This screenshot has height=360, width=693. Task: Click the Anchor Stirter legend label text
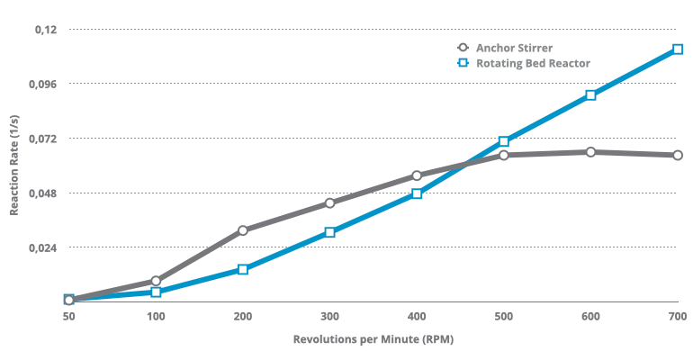pyautogui.click(x=515, y=48)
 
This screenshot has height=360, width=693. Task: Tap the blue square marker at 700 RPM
pyautogui.click(x=678, y=49)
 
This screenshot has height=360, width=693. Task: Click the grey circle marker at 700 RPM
pyautogui.click(x=678, y=155)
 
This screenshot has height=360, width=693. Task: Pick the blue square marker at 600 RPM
pyautogui.click(x=590, y=95)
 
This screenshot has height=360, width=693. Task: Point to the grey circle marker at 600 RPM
pyautogui.click(x=590, y=152)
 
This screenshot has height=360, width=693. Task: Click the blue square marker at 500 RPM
pyautogui.click(x=504, y=141)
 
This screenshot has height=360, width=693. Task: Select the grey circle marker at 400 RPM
pyautogui.click(x=417, y=175)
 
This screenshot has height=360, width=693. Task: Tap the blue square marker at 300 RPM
pyautogui.click(x=330, y=232)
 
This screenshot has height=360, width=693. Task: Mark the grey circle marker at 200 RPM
pyautogui.click(x=243, y=230)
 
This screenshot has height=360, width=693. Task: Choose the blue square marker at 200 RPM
pyautogui.click(x=243, y=269)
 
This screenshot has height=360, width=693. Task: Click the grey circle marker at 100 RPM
pyautogui.click(x=156, y=281)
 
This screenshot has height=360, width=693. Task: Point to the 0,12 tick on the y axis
pyautogui.click(x=45, y=30)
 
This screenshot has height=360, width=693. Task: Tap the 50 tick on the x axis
pyautogui.click(x=68, y=316)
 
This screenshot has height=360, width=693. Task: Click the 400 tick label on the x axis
pyautogui.click(x=417, y=316)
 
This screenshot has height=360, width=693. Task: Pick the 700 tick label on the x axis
pyautogui.click(x=678, y=316)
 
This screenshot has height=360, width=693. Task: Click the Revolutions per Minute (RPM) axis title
pyautogui.click(x=373, y=339)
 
